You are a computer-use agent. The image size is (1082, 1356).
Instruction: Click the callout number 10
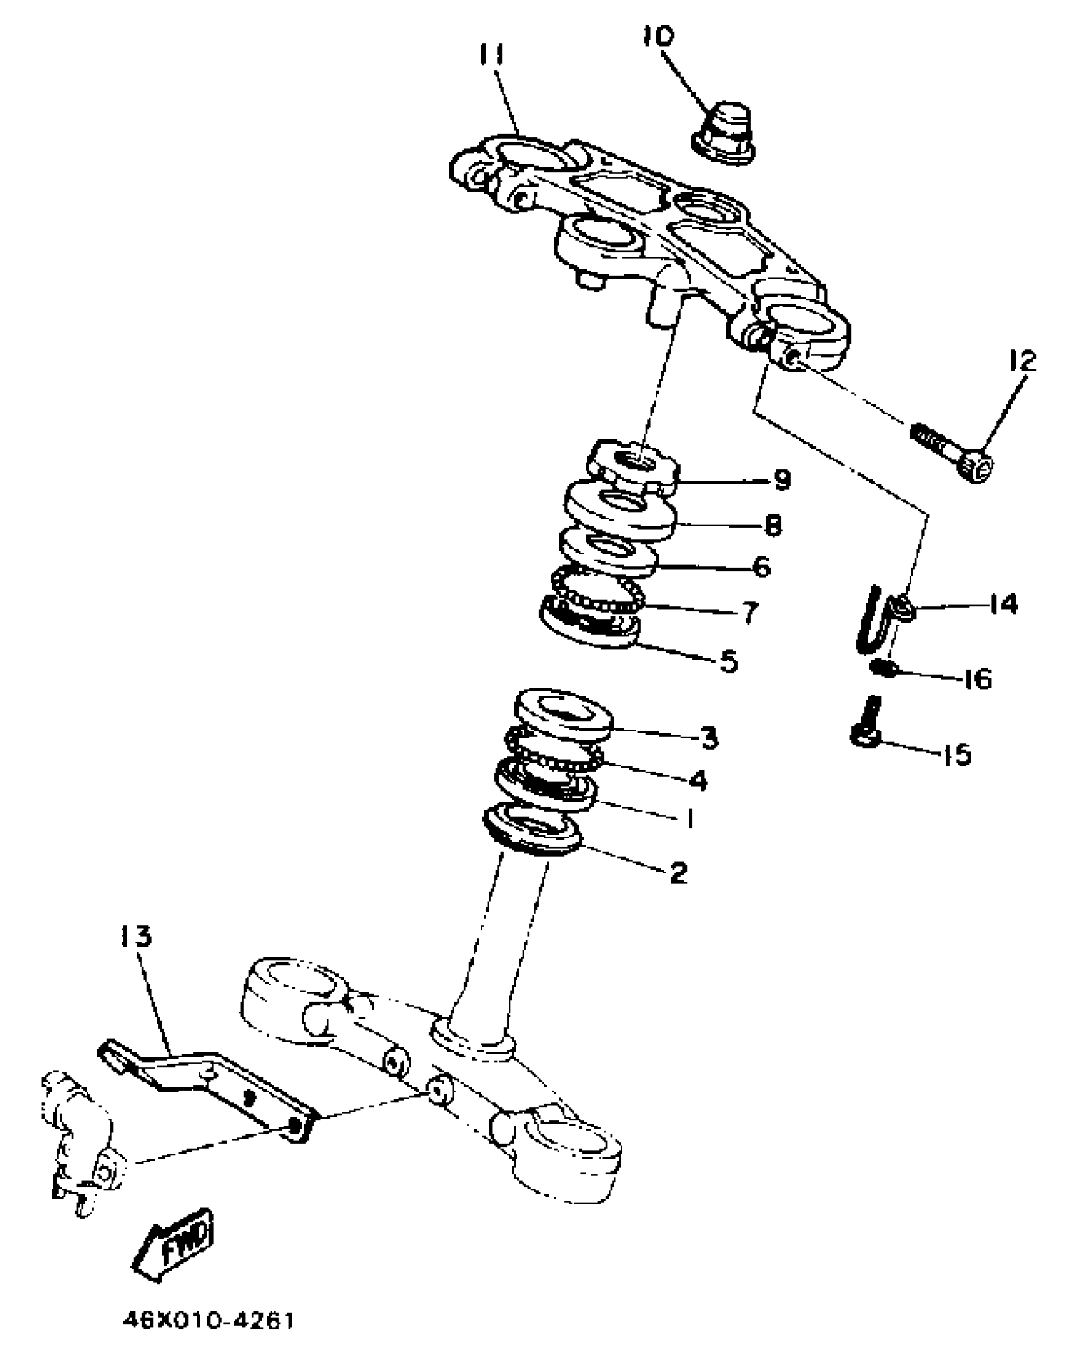[658, 36]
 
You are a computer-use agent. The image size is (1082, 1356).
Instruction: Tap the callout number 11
[491, 55]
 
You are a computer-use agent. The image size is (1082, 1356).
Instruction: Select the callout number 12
[1022, 361]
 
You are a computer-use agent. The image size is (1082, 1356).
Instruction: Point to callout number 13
[136, 936]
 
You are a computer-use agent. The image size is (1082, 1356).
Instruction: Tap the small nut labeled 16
[883, 668]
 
